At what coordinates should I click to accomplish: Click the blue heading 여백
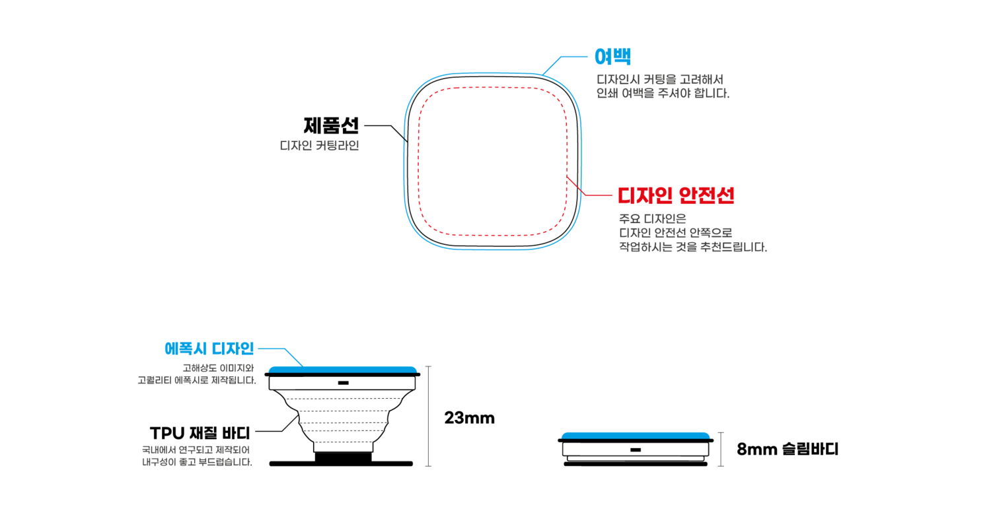(612, 57)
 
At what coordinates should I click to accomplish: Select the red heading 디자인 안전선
(675, 195)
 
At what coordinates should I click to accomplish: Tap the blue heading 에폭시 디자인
(209, 349)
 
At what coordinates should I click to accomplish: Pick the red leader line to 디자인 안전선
(595, 195)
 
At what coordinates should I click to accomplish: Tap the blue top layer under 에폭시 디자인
(342, 369)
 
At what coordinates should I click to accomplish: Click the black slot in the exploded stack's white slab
(343, 383)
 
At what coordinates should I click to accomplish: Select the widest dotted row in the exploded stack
(343, 399)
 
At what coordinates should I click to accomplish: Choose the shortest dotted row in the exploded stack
(343, 442)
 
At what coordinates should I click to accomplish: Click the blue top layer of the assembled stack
(635, 435)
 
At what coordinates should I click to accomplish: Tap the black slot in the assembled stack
(636, 450)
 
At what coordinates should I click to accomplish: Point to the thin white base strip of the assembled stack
(635, 458)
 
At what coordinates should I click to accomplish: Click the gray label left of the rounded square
(319, 145)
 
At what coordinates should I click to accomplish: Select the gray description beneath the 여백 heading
(663, 86)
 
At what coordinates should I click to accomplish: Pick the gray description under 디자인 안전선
(692, 232)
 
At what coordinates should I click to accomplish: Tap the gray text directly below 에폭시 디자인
(197, 374)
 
